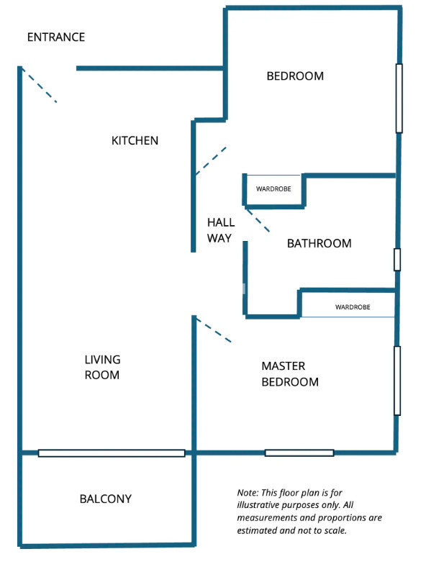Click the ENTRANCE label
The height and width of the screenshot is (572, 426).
[55, 37]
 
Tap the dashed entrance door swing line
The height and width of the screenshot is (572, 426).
[39, 86]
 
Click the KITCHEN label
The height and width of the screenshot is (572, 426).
[135, 140]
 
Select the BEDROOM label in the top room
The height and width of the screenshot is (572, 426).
[295, 76]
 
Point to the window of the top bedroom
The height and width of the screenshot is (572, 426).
[399, 98]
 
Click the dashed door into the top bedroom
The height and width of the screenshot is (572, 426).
[210, 161]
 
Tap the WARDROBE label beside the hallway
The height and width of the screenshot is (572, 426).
[273, 191]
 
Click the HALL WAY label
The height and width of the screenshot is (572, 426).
[220, 230]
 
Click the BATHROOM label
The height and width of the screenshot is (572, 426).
[319, 243]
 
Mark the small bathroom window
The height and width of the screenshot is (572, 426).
[396, 260]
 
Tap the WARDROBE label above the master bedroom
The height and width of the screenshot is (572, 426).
[353, 307]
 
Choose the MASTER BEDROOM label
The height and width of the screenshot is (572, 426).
[289, 374]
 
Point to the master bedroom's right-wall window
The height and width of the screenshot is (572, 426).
[396, 381]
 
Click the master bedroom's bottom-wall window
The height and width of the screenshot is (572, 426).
[299, 453]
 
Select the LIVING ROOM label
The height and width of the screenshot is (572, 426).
[102, 367]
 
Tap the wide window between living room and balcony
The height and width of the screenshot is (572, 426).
[112, 453]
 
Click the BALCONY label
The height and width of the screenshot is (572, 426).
[106, 499]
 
